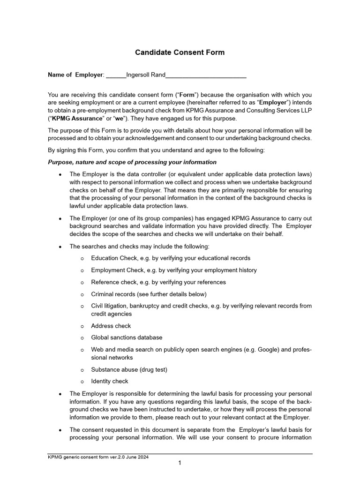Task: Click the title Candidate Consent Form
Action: (x=180, y=52)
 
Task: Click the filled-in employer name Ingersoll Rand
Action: (x=146, y=75)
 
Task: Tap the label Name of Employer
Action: (x=75, y=75)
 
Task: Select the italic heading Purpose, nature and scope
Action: (x=132, y=162)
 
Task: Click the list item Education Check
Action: (x=171, y=258)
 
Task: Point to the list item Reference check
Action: (x=158, y=282)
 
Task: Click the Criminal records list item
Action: (x=149, y=294)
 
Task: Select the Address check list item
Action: (x=111, y=326)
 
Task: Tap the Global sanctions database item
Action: (x=127, y=337)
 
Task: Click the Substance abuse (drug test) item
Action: (x=129, y=370)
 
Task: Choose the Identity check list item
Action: (x=110, y=382)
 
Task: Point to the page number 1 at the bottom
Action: (x=180, y=463)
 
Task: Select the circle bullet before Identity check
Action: (x=82, y=382)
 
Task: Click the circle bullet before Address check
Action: (x=82, y=326)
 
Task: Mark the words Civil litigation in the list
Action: (x=110, y=306)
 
